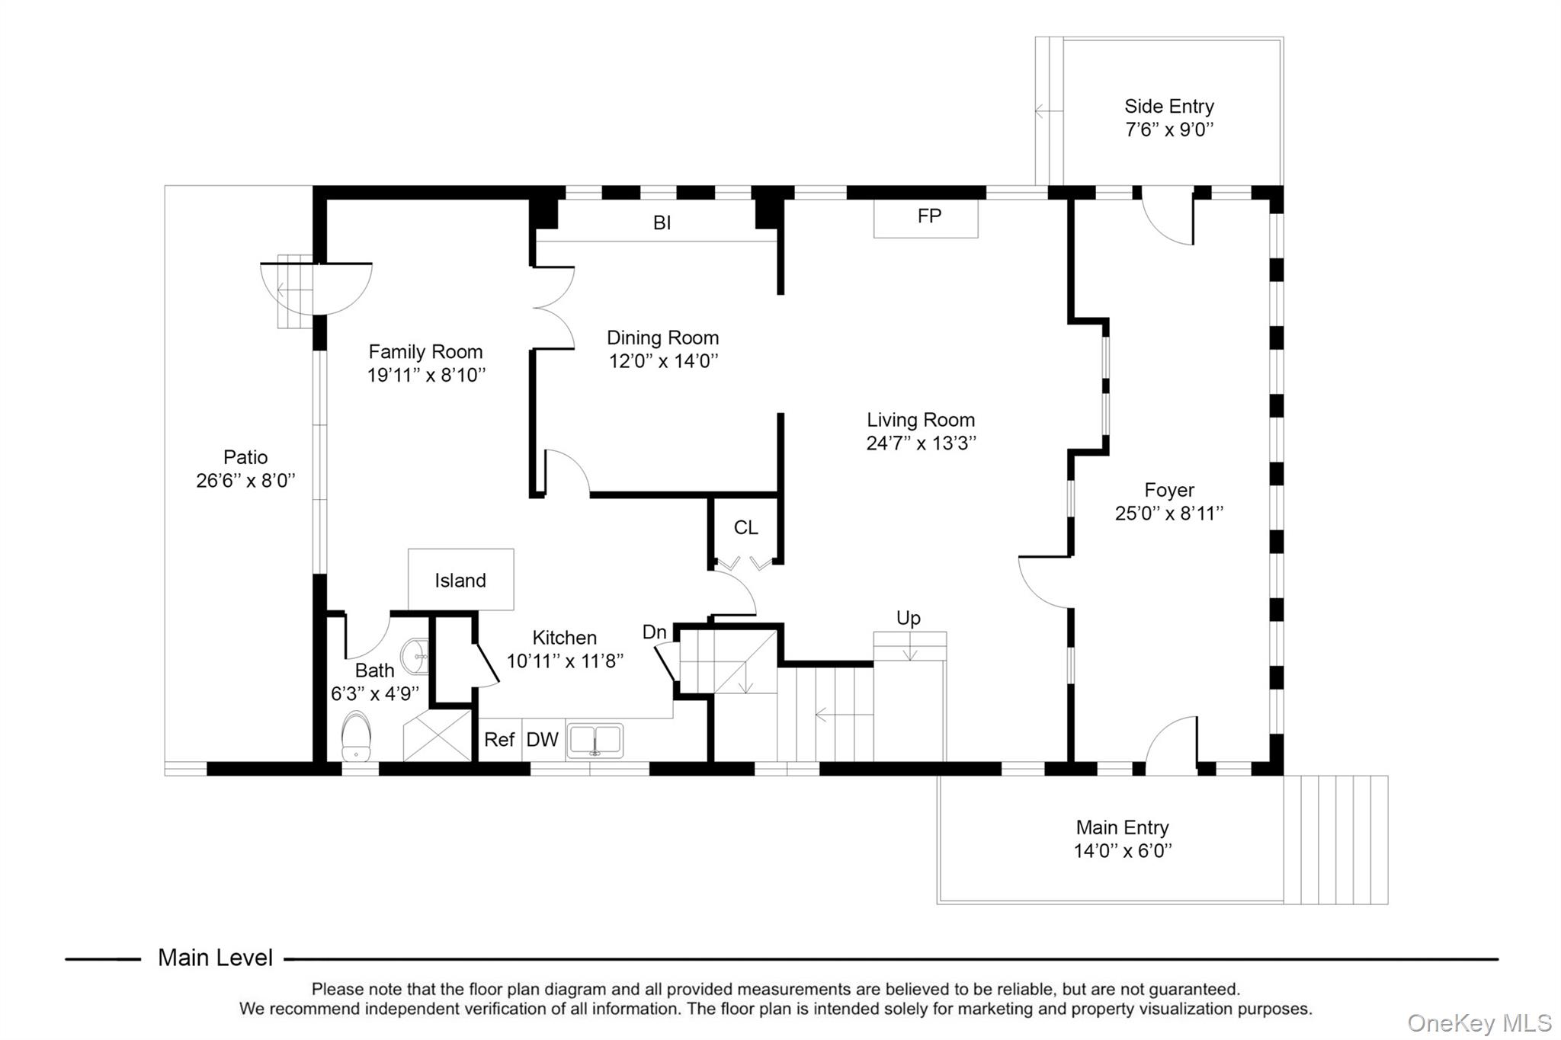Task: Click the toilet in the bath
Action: [356, 736]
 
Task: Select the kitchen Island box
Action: [460, 580]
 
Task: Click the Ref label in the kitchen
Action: [499, 740]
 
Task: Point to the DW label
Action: [543, 740]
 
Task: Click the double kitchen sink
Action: [595, 741]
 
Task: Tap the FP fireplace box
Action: [926, 217]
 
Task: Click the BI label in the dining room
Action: [662, 222]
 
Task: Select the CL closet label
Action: [745, 527]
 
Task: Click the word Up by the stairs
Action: [909, 618]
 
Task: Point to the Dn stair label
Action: [654, 632]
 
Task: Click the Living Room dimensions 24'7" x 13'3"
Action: [921, 443]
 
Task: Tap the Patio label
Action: [245, 457]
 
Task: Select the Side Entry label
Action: [1168, 107]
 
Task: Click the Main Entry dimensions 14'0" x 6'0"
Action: [1122, 851]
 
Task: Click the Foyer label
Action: [1168, 490]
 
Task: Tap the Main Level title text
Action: [215, 958]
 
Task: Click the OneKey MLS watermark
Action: [1479, 1022]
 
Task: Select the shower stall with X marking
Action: [438, 736]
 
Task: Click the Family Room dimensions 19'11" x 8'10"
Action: [426, 375]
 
